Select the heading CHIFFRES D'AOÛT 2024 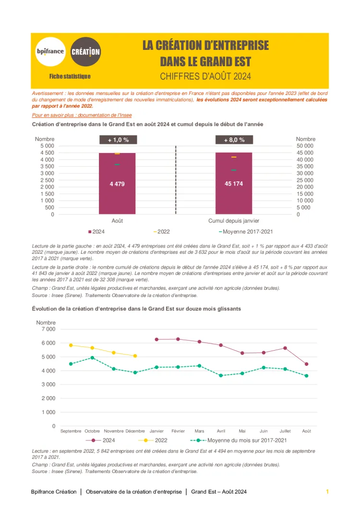click(205, 76)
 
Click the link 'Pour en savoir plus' click(82, 115)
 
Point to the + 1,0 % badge click(118, 140)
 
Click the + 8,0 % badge click(234, 140)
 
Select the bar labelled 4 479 click(117, 183)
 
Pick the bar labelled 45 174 click(234, 183)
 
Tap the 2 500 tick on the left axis click(46, 180)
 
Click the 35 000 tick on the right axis click(305, 166)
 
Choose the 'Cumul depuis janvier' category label click(234, 221)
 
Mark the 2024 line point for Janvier click(156, 339)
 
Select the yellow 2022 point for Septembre click(71, 345)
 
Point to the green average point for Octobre click(92, 357)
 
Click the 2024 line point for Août click(306, 364)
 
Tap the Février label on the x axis click(178, 431)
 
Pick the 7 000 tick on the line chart click(47, 329)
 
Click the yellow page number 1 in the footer click(327, 492)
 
